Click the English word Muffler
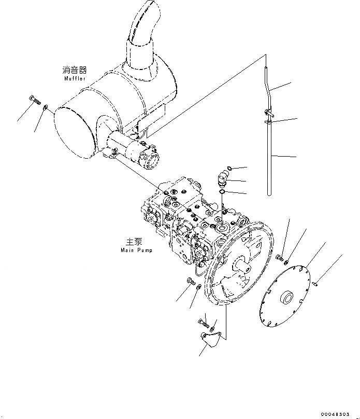(75, 79)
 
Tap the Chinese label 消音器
(75, 70)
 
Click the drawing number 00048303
(338, 414)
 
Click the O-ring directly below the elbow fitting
(222, 193)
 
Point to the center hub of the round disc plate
(285, 299)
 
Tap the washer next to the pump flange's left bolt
(199, 287)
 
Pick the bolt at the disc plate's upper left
(280, 257)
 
